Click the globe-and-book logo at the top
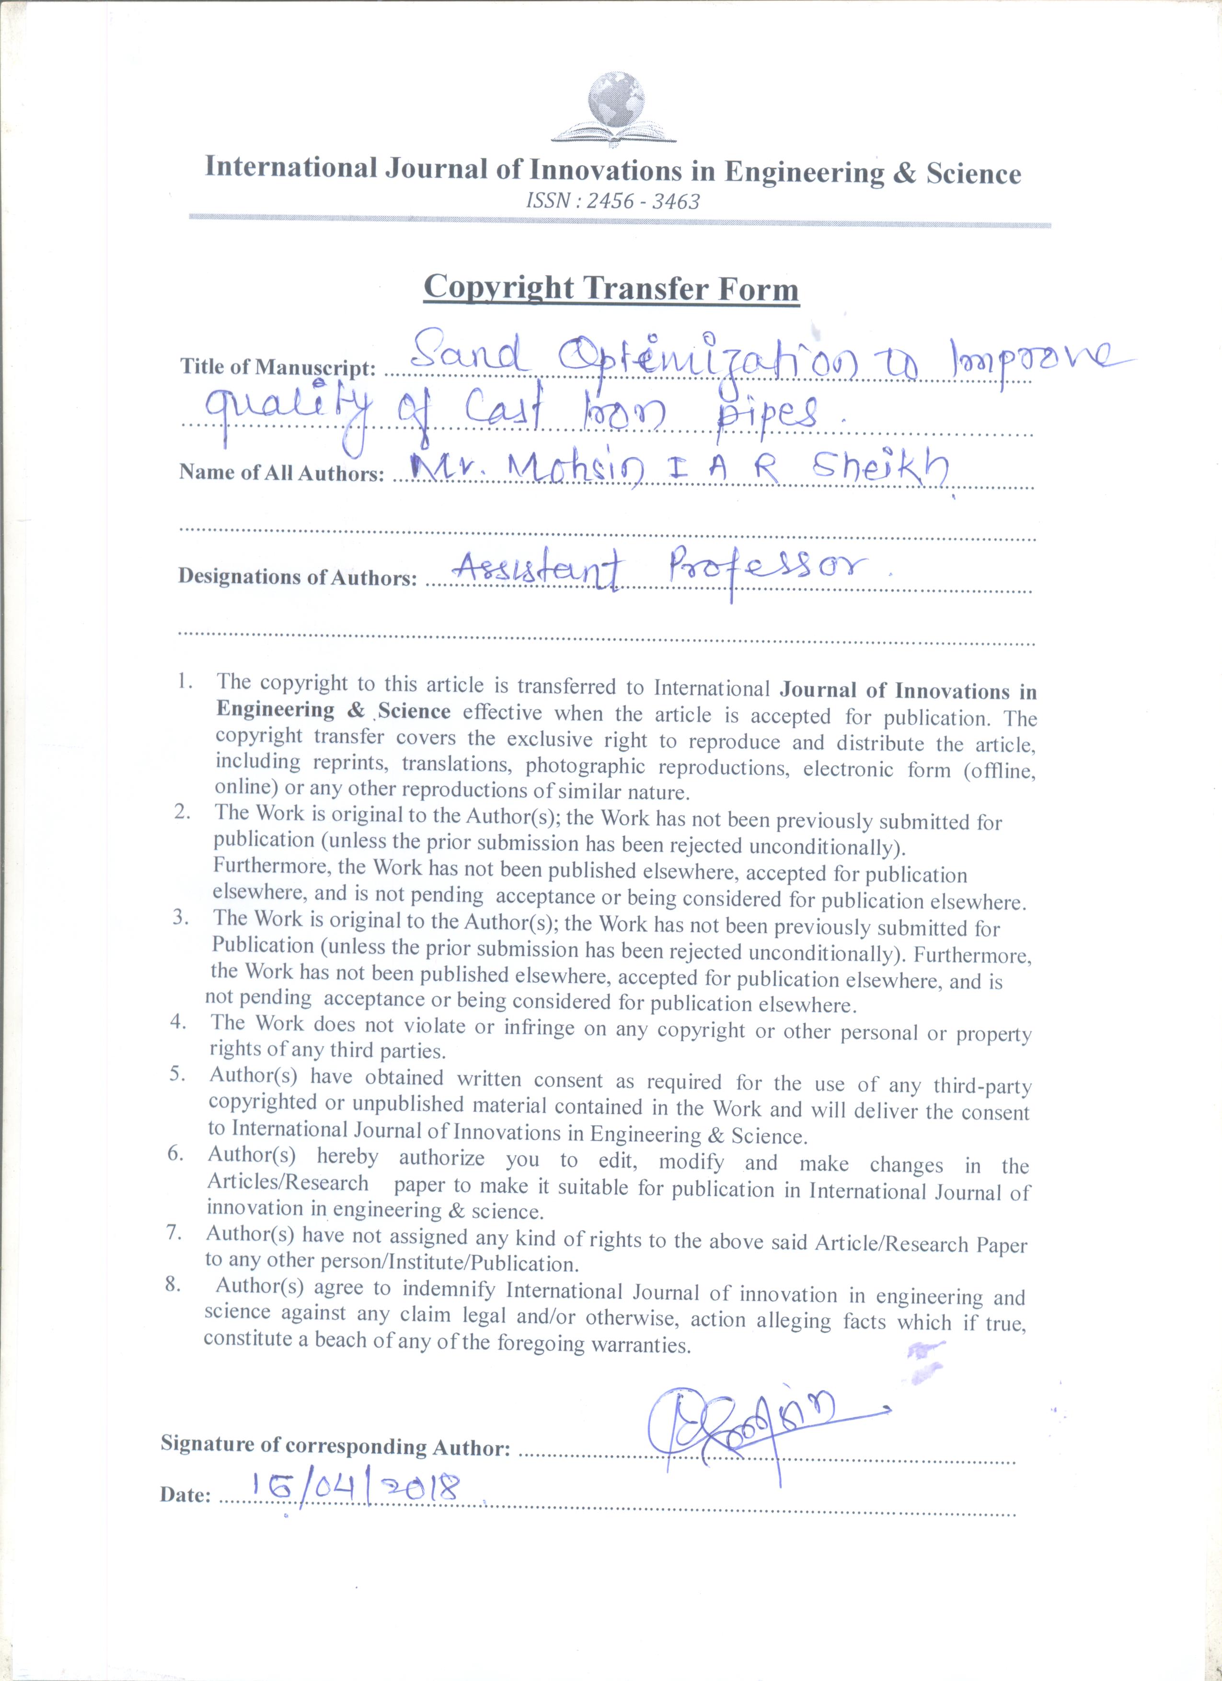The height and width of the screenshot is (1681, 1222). (615, 107)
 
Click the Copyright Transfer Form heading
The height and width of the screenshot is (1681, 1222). (611, 287)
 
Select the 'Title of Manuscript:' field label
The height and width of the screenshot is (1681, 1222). (278, 367)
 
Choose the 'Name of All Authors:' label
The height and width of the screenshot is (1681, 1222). (282, 473)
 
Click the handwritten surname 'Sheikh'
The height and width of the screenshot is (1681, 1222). (879, 468)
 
